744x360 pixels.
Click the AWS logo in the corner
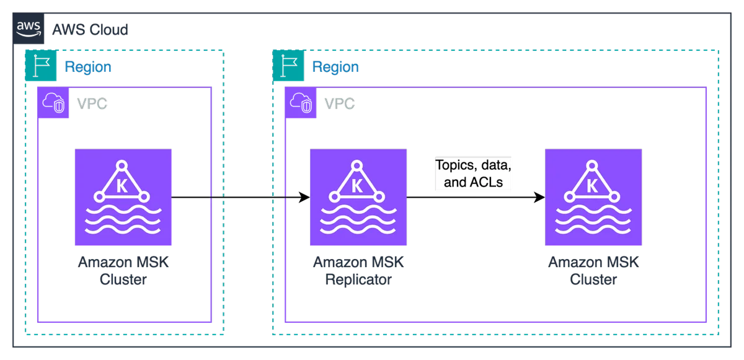coord(29,29)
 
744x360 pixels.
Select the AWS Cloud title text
coord(90,30)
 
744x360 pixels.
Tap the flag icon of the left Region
coord(41,65)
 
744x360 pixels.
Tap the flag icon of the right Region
coord(288,65)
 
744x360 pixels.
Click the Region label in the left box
coord(88,67)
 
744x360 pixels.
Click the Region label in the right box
coord(335,67)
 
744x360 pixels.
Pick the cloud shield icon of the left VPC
coord(53,102)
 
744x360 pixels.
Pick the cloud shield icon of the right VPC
coord(301,102)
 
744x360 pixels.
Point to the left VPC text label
coord(92,103)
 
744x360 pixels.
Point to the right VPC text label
coord(340,103)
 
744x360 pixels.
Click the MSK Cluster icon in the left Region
coord(123,197)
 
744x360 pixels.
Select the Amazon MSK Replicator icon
coord(358,197)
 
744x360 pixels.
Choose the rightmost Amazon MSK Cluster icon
coord(593,197)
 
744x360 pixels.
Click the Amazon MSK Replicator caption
coord(358,271)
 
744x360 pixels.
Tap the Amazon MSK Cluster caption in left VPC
coord(123,271)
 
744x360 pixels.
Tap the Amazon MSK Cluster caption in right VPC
coord(593,271)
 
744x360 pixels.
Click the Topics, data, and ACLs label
coord(473,173)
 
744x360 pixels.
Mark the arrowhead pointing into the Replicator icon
coord(304,197)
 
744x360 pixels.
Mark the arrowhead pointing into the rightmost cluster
coord(539,197)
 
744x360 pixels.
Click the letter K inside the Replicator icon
coord(357,186)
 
